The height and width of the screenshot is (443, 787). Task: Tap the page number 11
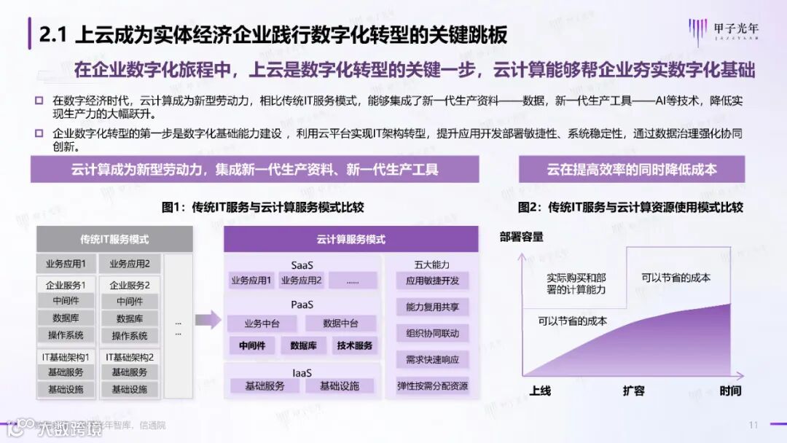753,425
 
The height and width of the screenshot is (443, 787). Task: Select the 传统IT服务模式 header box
114,239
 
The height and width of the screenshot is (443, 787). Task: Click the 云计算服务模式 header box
351,239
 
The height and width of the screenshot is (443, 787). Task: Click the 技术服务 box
355,345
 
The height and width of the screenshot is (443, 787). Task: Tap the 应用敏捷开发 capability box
433,281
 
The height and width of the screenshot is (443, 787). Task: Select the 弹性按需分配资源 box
433,385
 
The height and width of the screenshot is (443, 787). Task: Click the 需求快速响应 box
433,359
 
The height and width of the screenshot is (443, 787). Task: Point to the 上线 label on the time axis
539,391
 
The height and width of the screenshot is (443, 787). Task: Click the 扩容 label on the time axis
633,391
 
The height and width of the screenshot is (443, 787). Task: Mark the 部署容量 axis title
521,237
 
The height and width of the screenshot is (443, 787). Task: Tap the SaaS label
302,265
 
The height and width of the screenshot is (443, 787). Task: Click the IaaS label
302,372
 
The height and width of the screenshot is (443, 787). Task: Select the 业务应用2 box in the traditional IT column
130,264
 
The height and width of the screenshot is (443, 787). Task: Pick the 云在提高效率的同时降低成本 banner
632,170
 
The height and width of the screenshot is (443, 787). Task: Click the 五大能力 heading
433,264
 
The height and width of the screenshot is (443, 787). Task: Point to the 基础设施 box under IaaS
339,386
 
